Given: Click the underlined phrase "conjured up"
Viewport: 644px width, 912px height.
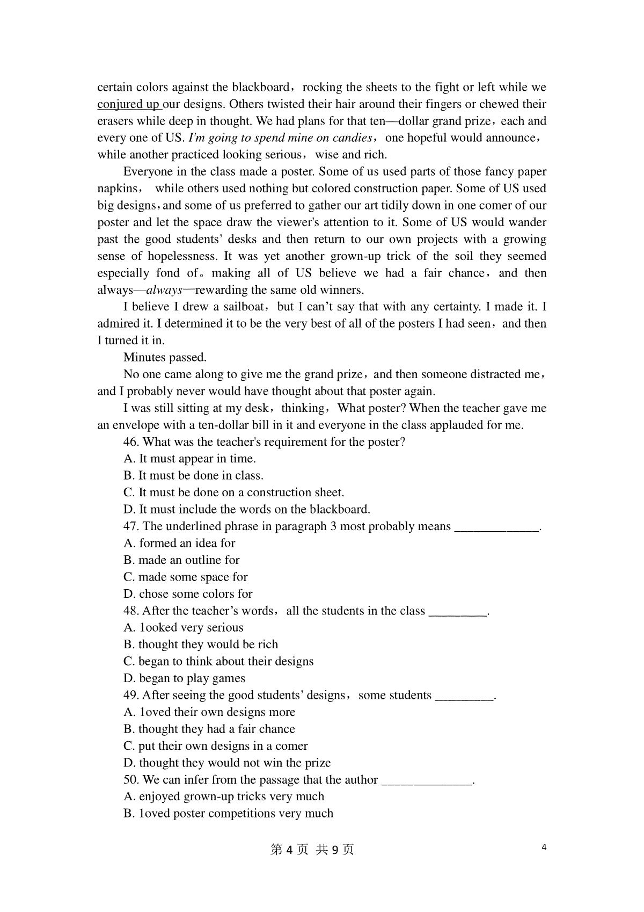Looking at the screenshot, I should [128, 104].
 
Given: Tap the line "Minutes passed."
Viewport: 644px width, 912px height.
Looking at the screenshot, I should [165, 358].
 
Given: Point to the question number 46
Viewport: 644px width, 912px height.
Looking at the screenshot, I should [131, 442].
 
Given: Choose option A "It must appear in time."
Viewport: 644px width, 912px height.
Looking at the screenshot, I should [190, 459].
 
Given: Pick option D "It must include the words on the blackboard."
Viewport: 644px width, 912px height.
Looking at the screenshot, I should [247, 509].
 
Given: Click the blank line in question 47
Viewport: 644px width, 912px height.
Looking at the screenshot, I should [496, 527].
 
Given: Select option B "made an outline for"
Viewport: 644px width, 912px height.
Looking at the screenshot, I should [181, 560].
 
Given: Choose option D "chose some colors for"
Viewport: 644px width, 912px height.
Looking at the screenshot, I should [188, 594].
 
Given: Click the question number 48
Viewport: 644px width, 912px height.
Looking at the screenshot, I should [131, 611].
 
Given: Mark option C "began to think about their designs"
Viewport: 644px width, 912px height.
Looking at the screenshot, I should [218, 662].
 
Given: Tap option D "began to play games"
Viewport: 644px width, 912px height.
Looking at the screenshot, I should [184, 678].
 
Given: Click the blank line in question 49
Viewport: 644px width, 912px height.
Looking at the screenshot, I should [464, 697].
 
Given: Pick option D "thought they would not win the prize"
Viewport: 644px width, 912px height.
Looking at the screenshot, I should [227, 763].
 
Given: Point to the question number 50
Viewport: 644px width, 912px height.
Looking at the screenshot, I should [131, 780].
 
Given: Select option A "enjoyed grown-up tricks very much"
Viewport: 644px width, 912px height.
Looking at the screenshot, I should [224, 797].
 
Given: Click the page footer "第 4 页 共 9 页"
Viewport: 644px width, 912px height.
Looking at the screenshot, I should [312, 850].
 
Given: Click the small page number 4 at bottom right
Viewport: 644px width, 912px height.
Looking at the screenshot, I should [544, 848].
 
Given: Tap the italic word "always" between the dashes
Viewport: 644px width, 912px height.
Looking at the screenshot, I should [164, 291].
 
